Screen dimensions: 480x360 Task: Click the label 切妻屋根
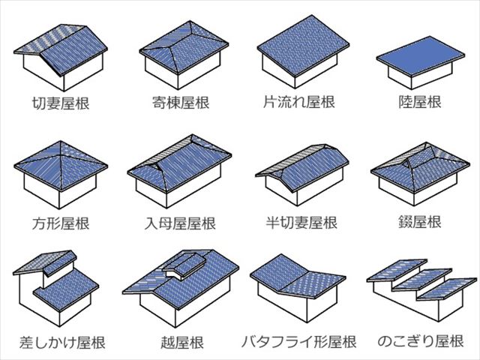click(61, 103)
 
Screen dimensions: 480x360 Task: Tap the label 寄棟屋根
click(181, 102)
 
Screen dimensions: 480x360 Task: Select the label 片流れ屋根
click(299, 102)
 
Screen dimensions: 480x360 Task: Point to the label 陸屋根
click(420, 102)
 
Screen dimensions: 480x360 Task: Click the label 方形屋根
click(61, 223)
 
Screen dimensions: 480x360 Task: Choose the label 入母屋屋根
click(180, 223)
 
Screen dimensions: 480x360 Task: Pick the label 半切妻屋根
click(301, 223)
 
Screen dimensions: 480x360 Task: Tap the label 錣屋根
click(420, 222)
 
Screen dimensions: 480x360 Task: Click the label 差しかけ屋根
click(62, 342)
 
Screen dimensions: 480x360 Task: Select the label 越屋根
click(182, 342)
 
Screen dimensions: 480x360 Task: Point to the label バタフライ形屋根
click(299, 342)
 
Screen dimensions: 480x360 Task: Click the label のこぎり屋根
click(421, 341)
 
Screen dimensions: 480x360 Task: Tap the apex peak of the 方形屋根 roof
click(61, 142)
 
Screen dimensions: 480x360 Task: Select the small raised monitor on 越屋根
click(184, 265)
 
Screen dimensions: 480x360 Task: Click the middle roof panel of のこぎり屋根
click(421, 279)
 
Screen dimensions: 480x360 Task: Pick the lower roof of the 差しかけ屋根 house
click(66, 289)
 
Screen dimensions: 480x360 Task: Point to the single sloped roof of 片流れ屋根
click(303, 45)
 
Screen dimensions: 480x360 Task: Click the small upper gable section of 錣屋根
click(421, 155)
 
